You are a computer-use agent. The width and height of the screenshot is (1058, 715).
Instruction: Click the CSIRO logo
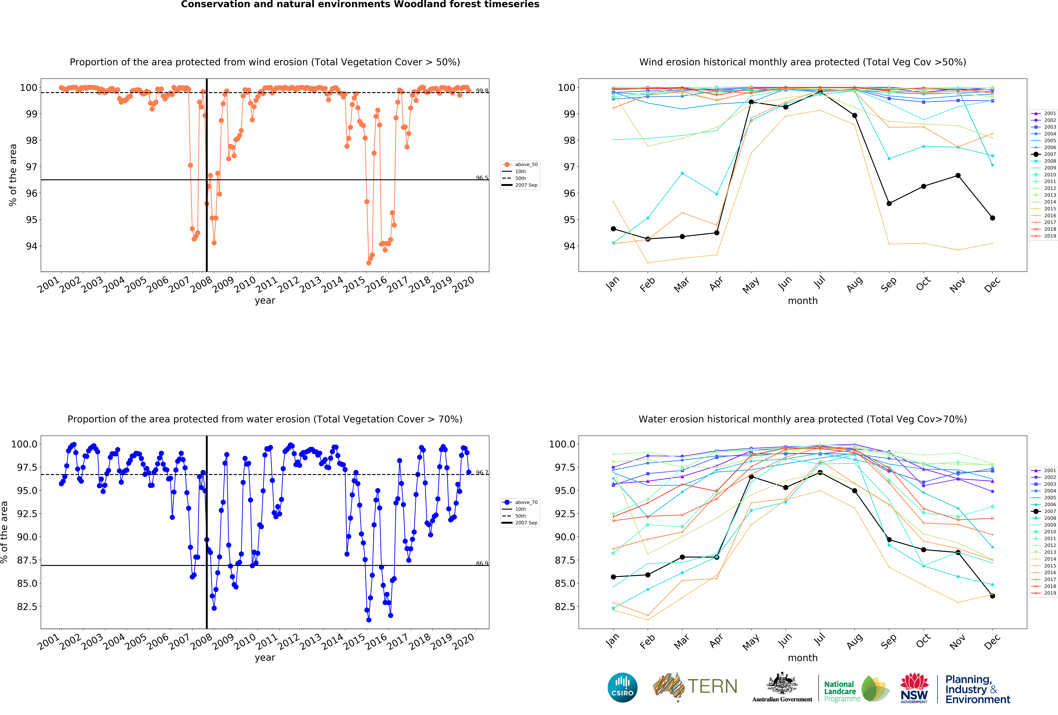(622, 687)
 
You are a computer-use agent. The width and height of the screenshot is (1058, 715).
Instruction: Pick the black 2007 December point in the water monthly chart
(992, 596)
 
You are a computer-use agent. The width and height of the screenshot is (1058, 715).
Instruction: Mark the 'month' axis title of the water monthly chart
(803, 658)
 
